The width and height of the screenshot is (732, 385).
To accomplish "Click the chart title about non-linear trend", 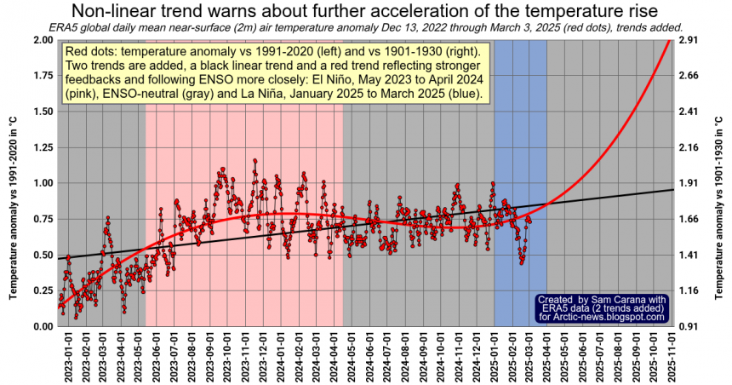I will (x=365, y=11).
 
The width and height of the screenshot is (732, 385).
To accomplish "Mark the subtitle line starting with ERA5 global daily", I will (x=365, y=27).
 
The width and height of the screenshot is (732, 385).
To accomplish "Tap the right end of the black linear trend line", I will (x=672, y=189).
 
